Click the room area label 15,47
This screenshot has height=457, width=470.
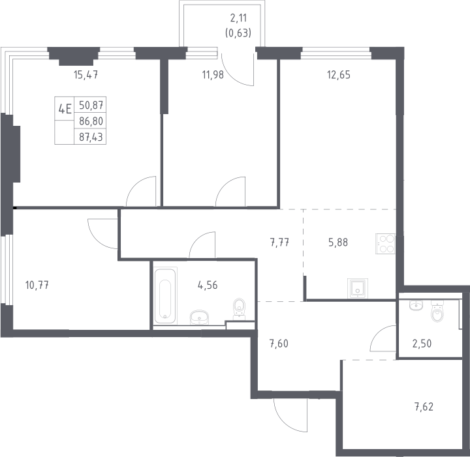click(x=86, y=74)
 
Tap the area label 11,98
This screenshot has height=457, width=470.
click(x=213, y=74)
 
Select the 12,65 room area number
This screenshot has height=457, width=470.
click(x=339, y=74)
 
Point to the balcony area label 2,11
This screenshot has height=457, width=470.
click(x=239, y=18)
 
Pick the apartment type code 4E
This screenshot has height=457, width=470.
click(x=65, y=109)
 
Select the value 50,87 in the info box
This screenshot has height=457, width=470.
click(x=91, y=105)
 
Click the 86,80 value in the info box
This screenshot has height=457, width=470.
click(x=91, y=121)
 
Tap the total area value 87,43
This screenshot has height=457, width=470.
click(x=91, y=137)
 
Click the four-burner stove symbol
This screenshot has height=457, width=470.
click(x=386, y=244)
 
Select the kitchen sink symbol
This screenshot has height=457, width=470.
click(x=358, y=288)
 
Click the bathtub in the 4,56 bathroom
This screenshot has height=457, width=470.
click(x=165, y=295)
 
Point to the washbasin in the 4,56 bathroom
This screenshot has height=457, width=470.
click(x=199, y=317)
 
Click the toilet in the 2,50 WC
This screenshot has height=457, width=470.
click(x=437, y=311)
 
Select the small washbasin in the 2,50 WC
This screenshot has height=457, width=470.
click(x=416, y=305)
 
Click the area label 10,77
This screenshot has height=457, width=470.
click(x=37, y=285)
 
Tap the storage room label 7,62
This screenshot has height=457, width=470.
click(x=424, y=407)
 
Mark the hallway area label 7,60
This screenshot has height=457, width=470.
click(x=279, y=344)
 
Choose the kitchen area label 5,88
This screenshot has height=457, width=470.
click(x=338, y=242)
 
